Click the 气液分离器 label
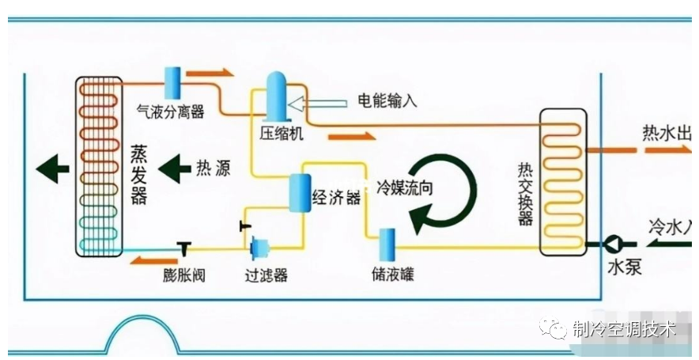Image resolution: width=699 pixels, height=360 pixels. (x=171, y=112)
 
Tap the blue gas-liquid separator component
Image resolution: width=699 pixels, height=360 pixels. (x=172, y=81)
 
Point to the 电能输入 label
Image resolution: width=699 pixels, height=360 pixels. (x=387, y=100)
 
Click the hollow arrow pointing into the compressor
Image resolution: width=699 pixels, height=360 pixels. (x=316, y=103)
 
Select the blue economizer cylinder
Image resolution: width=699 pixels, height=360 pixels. (x=300, y=192)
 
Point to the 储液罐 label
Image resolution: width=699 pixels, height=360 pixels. (x=392, y=275)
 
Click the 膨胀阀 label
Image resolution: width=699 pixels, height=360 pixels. (x=184, y=275)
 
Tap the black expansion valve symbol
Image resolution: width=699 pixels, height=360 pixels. (x=183, y=248)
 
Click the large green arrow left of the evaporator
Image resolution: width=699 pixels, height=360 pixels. (x=52, y=169)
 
